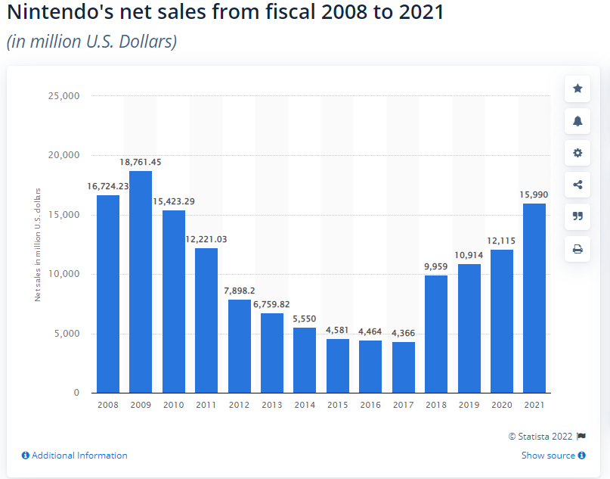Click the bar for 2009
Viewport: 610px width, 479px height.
coord(141,281)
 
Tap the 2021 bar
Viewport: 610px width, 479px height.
coord(534,297)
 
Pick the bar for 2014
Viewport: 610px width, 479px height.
coord(305,359)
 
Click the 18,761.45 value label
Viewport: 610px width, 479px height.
coord(141,162)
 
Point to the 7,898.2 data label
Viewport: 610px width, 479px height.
coord(239,291)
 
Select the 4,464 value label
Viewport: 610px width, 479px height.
coord(370,331)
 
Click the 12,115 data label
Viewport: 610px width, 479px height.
coord(502,241)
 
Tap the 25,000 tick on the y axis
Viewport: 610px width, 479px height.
coord(64,96)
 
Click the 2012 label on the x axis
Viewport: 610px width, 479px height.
coord(239,405)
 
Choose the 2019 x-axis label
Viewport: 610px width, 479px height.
coord(469,405)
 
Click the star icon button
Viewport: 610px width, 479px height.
coord(577,89)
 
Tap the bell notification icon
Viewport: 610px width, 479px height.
coord(577,120)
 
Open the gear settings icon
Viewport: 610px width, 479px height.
coord(577,153)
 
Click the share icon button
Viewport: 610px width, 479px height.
coord(577,185)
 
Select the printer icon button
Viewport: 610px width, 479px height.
coord(577,249)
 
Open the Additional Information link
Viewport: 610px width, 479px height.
coord(75,456)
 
